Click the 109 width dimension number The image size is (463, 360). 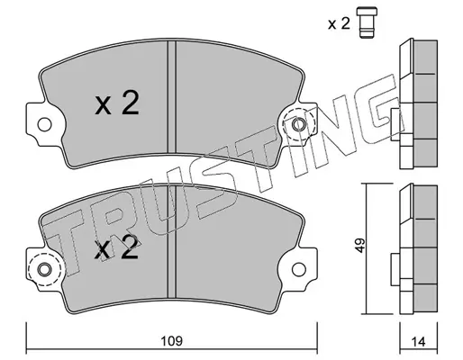click(x=171, y=341)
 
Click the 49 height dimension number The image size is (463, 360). click(x=359, y=245)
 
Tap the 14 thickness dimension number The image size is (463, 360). click(x=419, y=342)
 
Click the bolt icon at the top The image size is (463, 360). click(x=367, y=22)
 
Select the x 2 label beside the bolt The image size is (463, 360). click(x=339, y=23)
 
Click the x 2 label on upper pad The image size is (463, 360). click(x=117, y=103)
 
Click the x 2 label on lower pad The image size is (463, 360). click(x=116, y=247)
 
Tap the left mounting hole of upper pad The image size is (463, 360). click(x=44, y=124)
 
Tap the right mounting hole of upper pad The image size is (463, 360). click(x=298, y=124)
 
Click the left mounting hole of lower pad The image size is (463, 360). click(x=44, y=269)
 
